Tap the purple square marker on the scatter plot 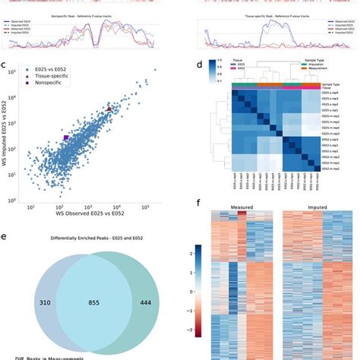click(66, 137)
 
